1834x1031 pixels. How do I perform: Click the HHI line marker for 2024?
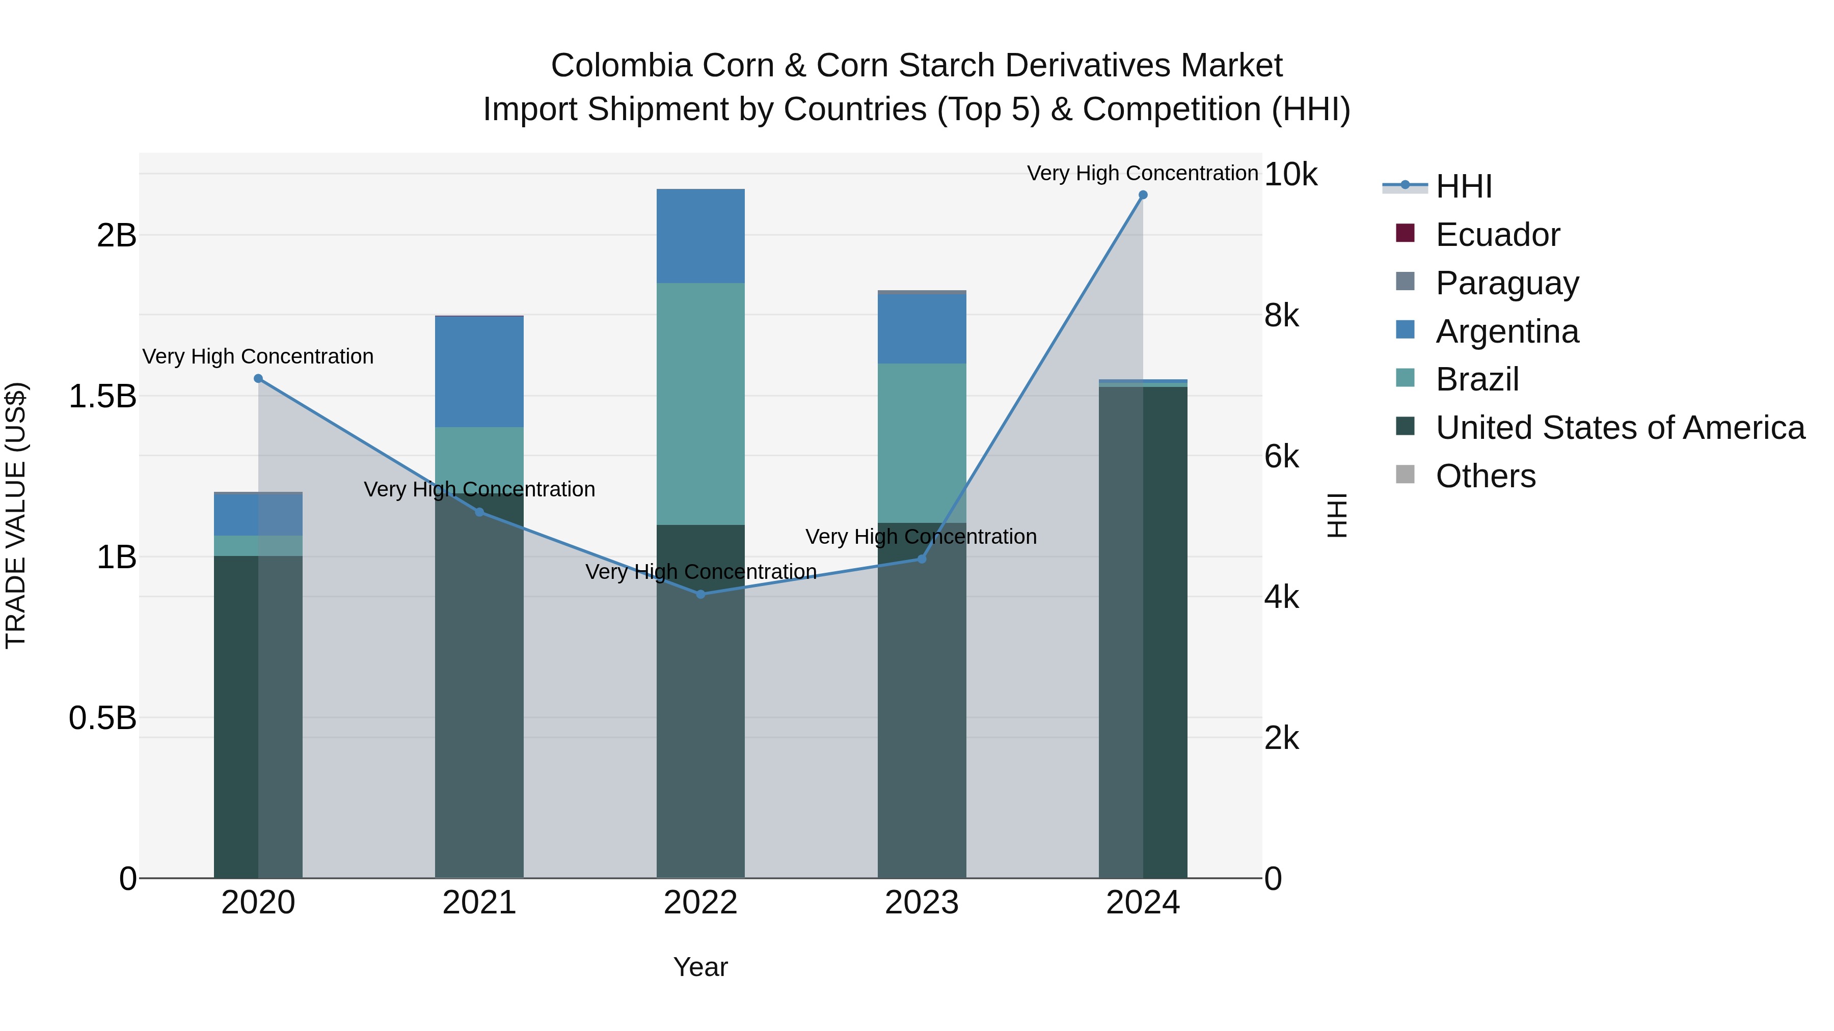pos(1143,195)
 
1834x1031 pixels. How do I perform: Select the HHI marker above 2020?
pos(258,378)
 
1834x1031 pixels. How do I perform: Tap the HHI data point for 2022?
pos(700,594)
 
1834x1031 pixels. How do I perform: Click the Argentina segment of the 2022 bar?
pos(700,236)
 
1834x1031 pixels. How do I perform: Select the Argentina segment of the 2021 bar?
pos(479,372)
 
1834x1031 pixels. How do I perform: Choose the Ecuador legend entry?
pos(1497,235)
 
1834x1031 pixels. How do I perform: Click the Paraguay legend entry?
pos(1506,283)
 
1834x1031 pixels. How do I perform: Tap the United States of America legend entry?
pos(1620,428)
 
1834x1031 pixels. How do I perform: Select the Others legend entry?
pos(1485,476)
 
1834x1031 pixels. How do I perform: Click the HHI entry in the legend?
pos(1463,186)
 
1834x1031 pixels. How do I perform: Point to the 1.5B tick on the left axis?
pos(102,396)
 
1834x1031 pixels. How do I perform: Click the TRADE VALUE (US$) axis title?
pos(16,515)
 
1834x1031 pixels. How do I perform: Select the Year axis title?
pos(700,967)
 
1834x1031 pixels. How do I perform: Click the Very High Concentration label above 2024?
pos(1142,173)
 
